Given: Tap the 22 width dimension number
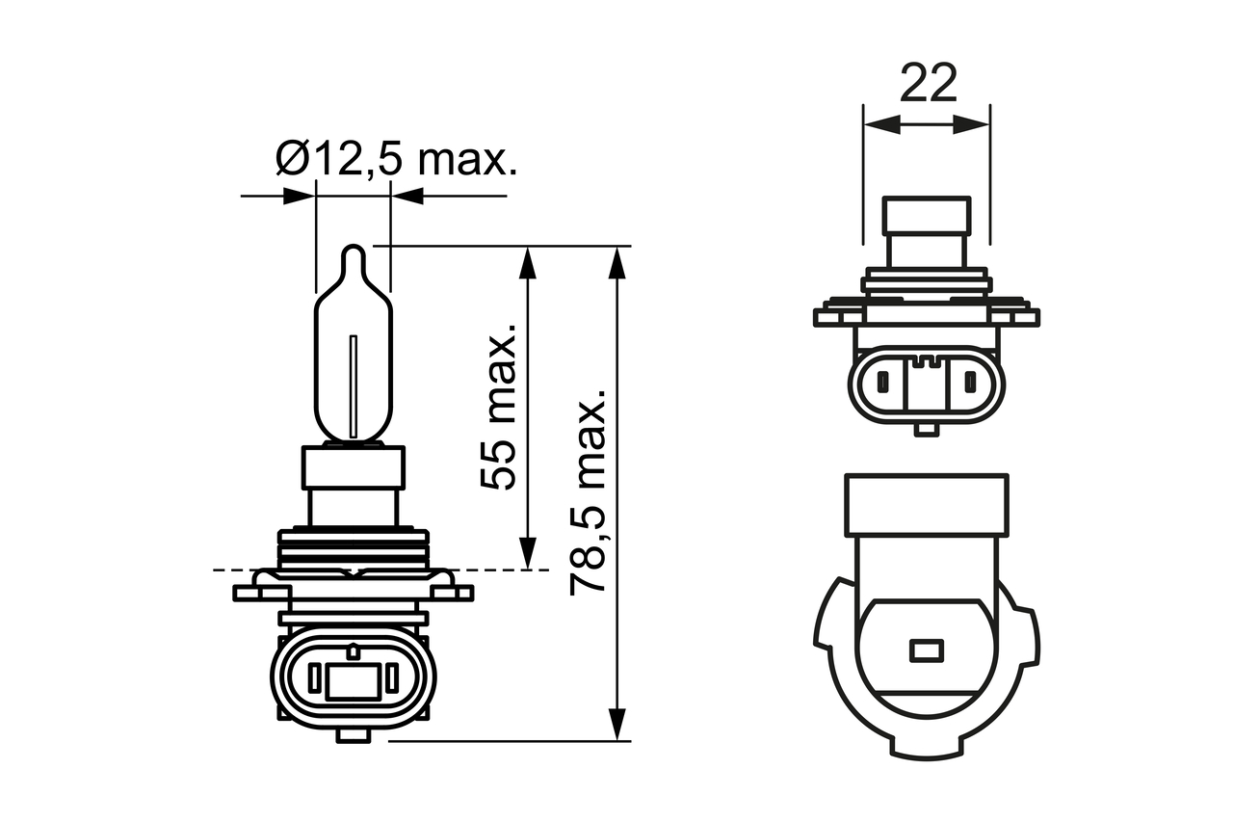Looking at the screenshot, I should [929, 84].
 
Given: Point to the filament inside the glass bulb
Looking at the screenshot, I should [354, 386].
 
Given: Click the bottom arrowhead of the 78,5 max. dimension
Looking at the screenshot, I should [617, 725].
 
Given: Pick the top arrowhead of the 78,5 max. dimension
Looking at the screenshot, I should [617, 262].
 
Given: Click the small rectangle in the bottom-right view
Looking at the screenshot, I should [927, 651].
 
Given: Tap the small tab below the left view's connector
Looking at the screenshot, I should [353, 734].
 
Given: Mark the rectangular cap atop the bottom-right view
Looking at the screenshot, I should [926, 505].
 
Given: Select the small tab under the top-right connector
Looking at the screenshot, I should [927, 428].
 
